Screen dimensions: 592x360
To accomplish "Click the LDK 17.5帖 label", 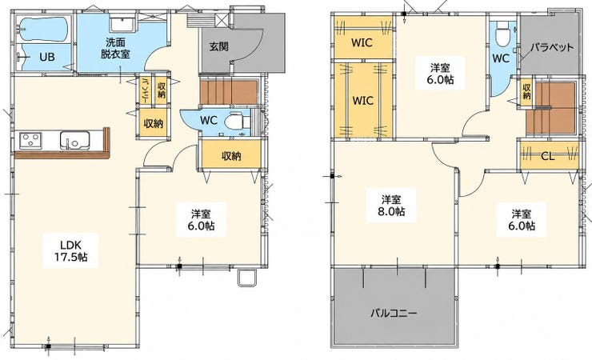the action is [70, 250].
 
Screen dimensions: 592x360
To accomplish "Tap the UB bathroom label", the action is [47, 57].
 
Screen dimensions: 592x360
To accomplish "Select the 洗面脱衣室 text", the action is [115, 47].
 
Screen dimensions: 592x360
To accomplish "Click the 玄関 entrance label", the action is [218, 46].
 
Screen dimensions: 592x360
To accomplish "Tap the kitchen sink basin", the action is [74, 140].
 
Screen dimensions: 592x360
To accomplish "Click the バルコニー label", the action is [393, 313].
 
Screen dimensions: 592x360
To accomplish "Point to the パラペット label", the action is [552, 47].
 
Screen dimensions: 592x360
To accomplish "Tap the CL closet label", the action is [547, 156].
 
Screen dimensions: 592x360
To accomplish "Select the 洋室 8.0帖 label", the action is [391, 206].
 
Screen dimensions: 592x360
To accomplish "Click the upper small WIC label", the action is [362, 42].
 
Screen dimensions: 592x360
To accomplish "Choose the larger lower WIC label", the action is [363, 101].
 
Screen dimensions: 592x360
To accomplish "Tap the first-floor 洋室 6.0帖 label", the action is [202, 220].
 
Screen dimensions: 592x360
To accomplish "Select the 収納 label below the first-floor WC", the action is [231, 156].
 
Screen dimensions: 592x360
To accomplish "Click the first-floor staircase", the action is [229, 93].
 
